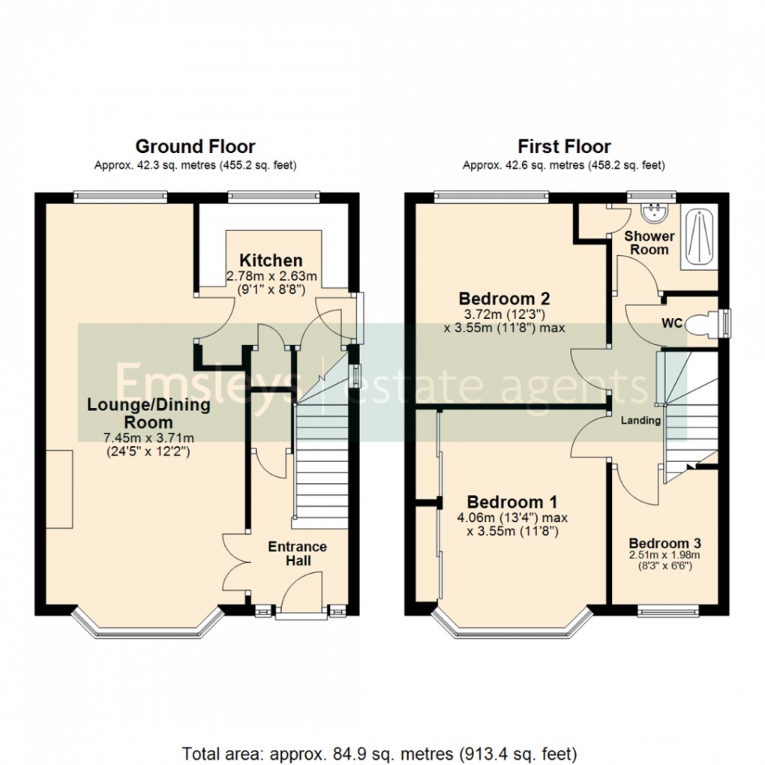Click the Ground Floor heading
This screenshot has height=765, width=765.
tap(195, 146)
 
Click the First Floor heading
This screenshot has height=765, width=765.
tap(564, 146)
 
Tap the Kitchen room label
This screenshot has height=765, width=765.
tap(271, 261)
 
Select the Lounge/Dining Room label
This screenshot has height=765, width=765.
tap(148, 413)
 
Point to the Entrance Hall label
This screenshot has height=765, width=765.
tap(297, 553)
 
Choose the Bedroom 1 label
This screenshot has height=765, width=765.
tap(511, 502)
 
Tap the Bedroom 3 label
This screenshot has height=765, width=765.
tap(664, 543)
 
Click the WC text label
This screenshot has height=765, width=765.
tap(671, 324)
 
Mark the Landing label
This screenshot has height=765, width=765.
tap(640, 421)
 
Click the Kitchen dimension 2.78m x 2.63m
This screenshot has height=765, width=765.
tap(272, 277)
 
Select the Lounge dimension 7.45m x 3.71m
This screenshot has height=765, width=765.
tap(148, 438)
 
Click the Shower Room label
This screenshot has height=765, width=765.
tap(649, 242)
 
